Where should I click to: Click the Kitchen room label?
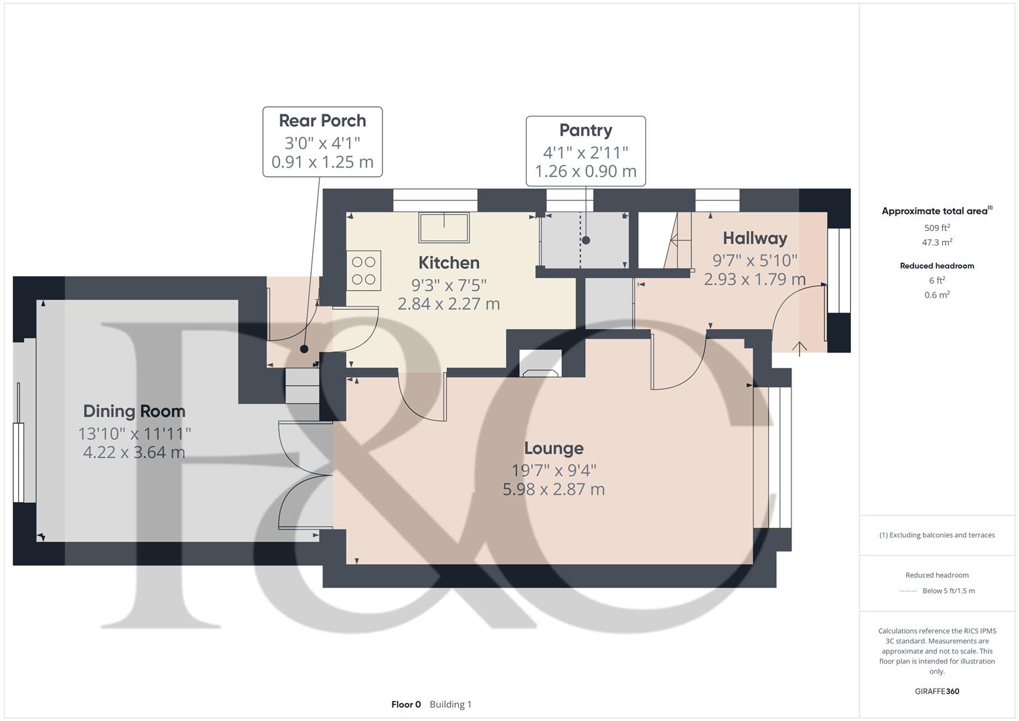(448, 262)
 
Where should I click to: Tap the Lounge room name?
(553, 448)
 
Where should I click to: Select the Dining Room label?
(134, 411)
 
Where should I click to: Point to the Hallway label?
(755, 238)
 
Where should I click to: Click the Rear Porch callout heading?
(322, 121)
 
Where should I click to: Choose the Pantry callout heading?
(585, 130)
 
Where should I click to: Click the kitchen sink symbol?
(443, 227)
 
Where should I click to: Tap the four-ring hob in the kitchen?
(364, 270)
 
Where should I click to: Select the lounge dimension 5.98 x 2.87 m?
(553, 489)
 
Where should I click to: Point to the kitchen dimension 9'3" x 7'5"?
(448, 285)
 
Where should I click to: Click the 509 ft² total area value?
(937, 228)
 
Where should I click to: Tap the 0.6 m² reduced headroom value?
(937, 294)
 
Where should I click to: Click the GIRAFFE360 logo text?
(937, 691)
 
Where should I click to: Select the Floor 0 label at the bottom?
(406, 704)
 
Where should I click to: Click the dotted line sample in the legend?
(908, 591)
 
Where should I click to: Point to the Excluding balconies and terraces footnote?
(937, 535)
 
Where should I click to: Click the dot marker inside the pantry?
(586, 240)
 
